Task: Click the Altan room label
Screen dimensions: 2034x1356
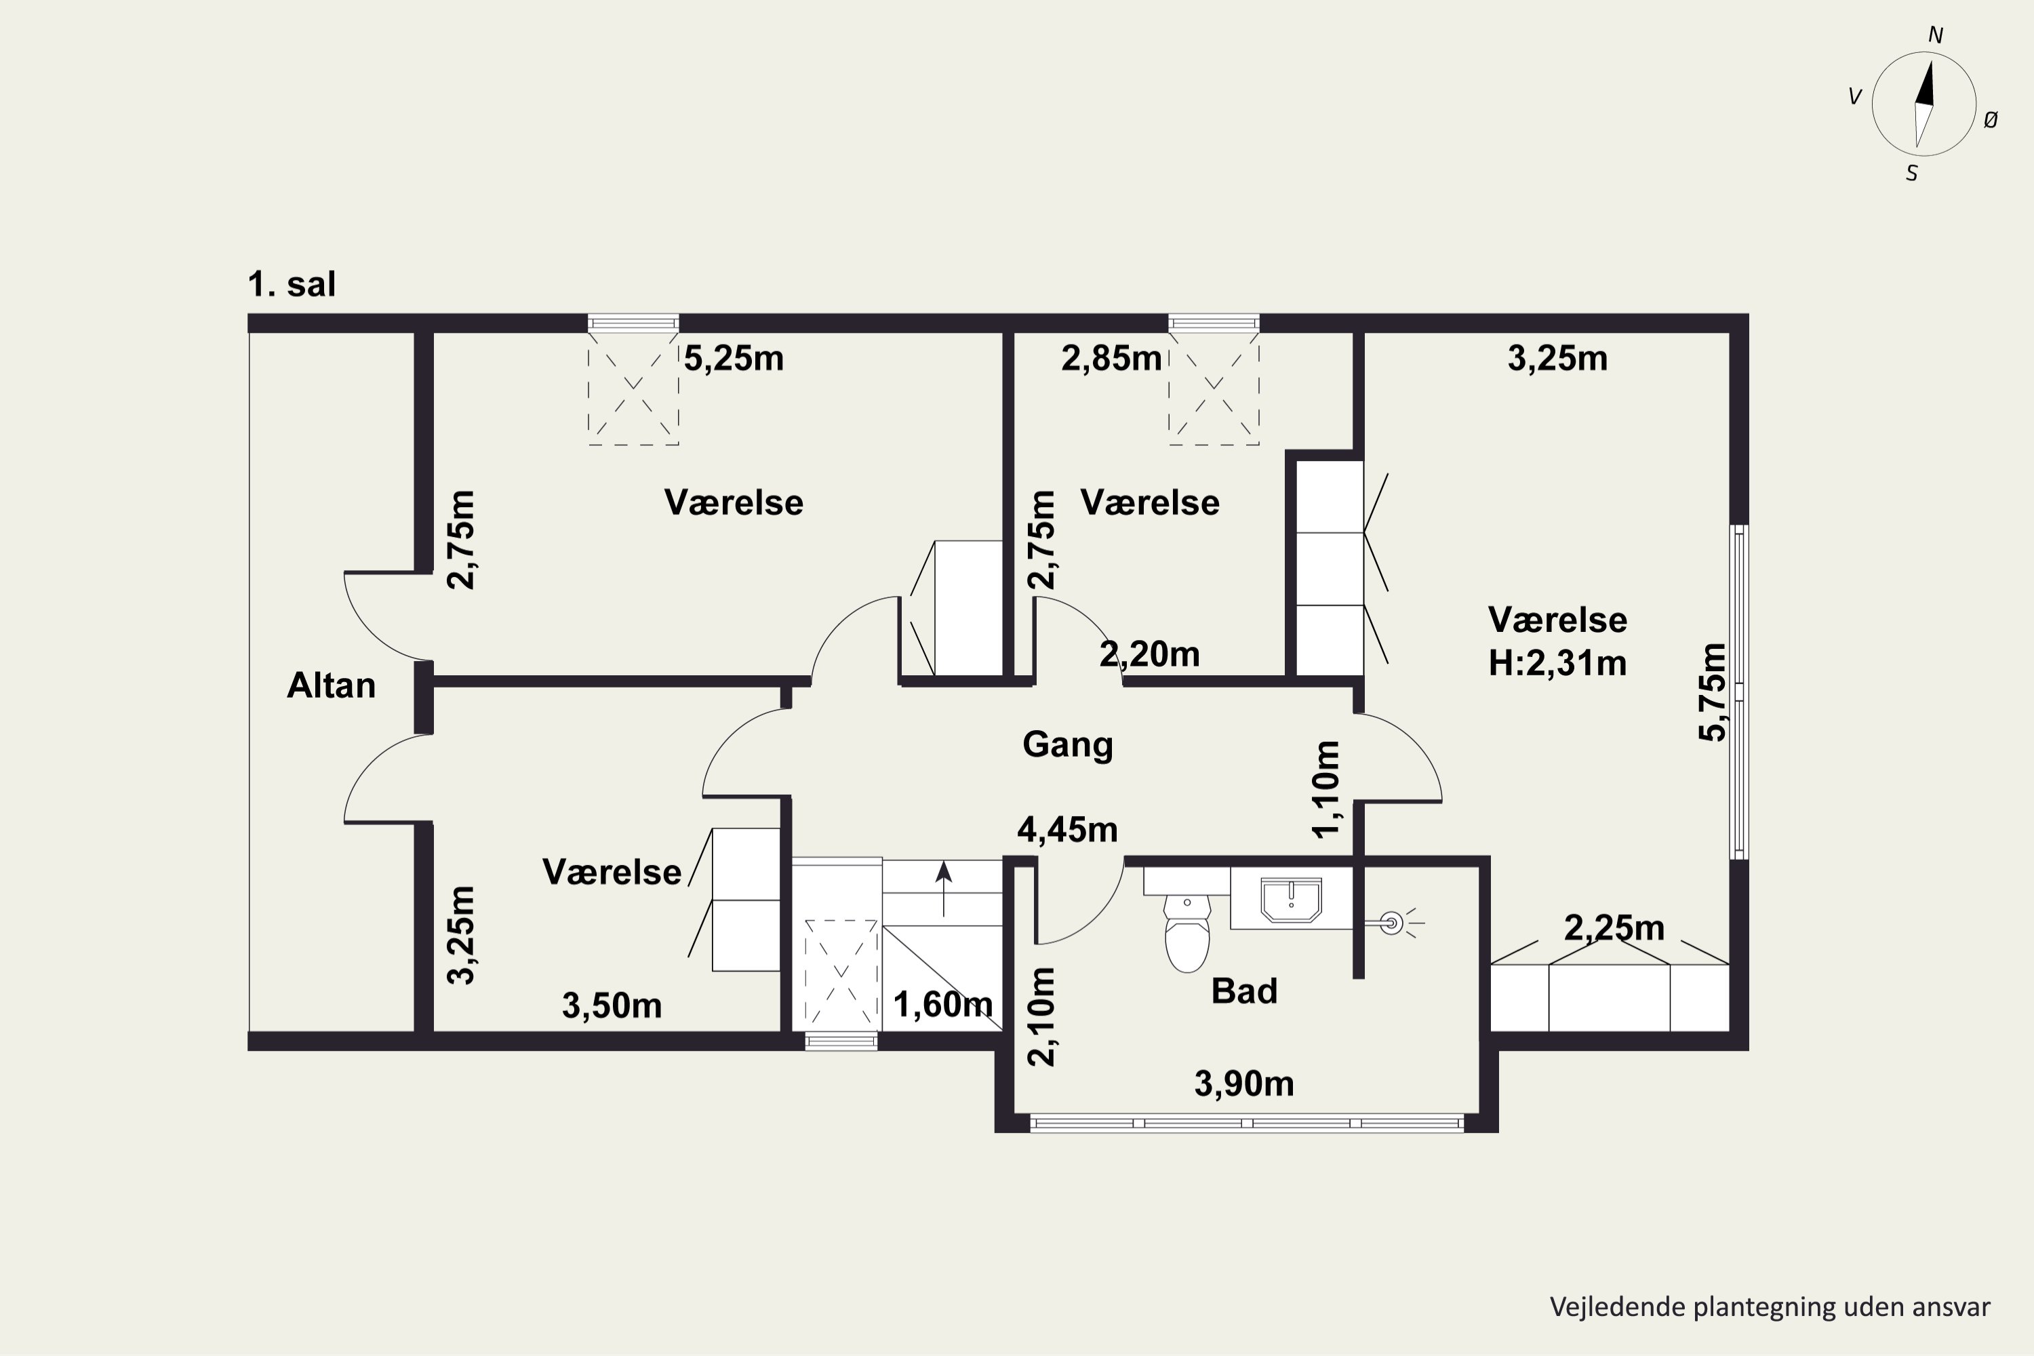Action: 332,685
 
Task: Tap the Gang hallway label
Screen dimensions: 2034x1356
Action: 1067,745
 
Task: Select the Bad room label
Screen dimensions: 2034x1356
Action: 1244,991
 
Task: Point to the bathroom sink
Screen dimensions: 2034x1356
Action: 1291,900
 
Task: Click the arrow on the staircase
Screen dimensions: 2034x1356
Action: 944,888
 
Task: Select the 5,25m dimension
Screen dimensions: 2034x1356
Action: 734,358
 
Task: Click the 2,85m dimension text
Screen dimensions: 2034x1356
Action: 1111,358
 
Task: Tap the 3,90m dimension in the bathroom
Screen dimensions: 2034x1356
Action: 1243,1083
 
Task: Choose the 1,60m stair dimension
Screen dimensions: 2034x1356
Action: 942,1005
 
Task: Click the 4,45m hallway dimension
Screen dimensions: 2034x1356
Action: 1067,830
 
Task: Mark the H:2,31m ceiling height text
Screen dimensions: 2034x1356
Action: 1557,663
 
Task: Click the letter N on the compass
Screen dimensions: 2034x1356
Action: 1936,35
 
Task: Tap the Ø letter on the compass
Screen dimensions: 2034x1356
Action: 1991,120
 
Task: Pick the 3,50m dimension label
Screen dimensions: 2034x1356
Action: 612,1005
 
